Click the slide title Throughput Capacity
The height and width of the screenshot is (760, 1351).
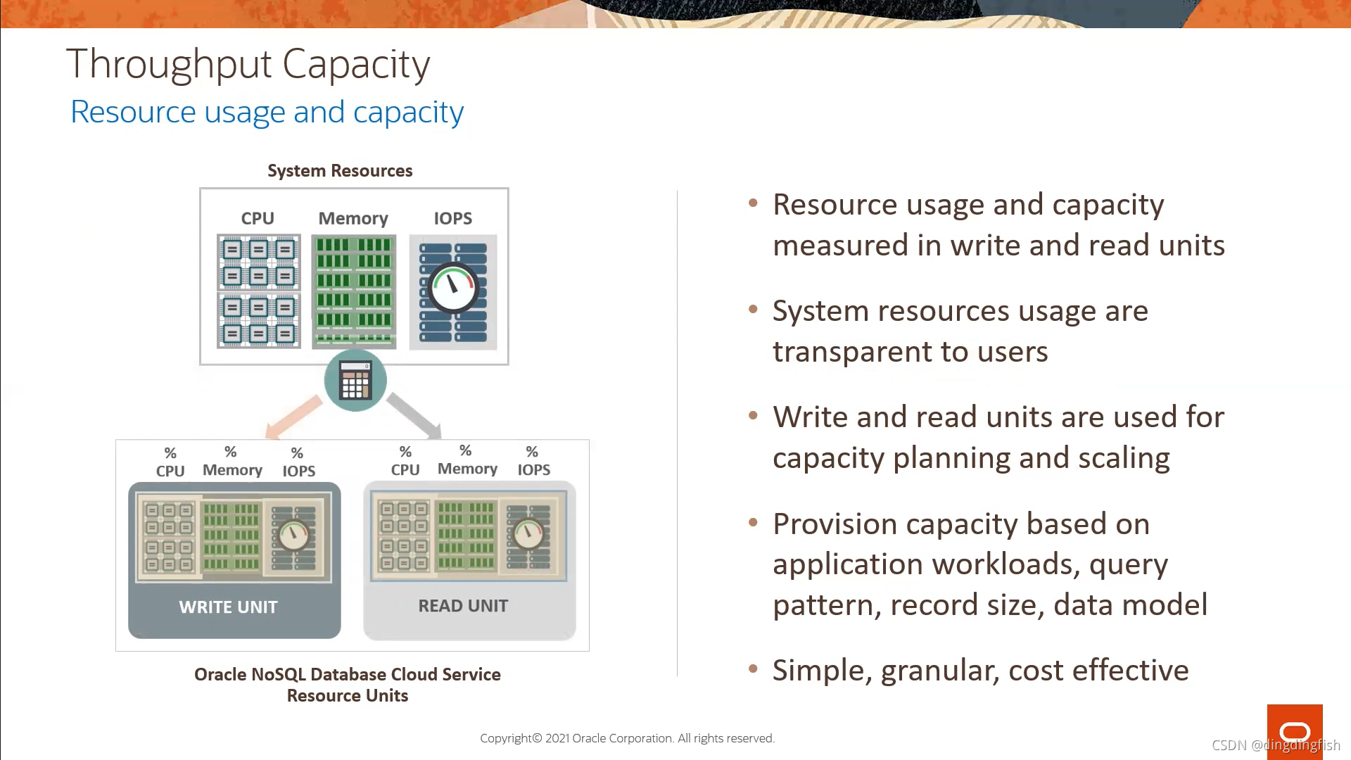[248, 64]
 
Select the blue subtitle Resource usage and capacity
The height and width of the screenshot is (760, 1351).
[267, 112]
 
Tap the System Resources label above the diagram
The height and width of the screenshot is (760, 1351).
[340, 171]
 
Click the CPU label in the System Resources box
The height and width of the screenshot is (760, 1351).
[258, 219]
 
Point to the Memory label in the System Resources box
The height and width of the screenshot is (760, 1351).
[353, 219]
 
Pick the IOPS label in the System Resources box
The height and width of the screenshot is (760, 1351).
[452, 219]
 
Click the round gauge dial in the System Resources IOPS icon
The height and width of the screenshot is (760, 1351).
[454, 288]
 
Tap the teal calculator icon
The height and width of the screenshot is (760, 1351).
[355, 381]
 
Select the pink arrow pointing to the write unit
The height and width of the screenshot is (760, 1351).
[293, 417]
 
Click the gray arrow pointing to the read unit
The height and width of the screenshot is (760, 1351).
[414, 415]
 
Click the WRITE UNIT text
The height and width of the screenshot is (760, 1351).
[228, 607]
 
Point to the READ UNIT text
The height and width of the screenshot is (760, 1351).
[463, 606]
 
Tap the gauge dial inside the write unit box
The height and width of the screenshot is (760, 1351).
[294, 536]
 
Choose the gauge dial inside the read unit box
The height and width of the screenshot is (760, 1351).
[528, 534]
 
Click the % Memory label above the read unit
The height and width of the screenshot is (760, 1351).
[467, 460]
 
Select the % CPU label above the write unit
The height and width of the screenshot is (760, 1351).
[170, 462]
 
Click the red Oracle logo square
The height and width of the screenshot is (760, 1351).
[1295, 732]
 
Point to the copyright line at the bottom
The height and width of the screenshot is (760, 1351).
[627, 738]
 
